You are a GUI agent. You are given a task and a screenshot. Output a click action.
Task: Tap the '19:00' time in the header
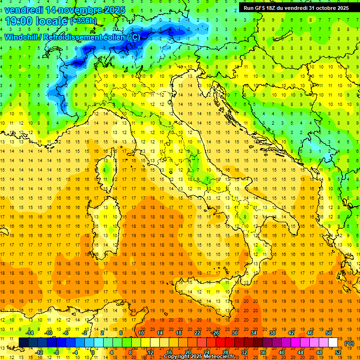19,21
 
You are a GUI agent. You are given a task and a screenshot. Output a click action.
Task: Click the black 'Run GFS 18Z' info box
296,7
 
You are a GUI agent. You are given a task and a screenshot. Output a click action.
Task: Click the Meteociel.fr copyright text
202,357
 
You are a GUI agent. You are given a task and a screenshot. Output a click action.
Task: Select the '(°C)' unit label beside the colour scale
349,343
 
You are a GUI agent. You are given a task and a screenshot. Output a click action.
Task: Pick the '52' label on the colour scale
338,352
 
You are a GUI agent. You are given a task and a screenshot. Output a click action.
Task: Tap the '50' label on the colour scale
329,333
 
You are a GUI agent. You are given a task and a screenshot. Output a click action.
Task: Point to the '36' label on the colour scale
263,352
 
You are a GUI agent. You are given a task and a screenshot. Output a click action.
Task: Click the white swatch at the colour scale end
333,343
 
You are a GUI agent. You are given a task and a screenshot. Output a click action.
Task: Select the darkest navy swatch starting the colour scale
24,343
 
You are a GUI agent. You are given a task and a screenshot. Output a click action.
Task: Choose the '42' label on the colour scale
291,333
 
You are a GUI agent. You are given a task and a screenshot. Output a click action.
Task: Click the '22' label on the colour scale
197,333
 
